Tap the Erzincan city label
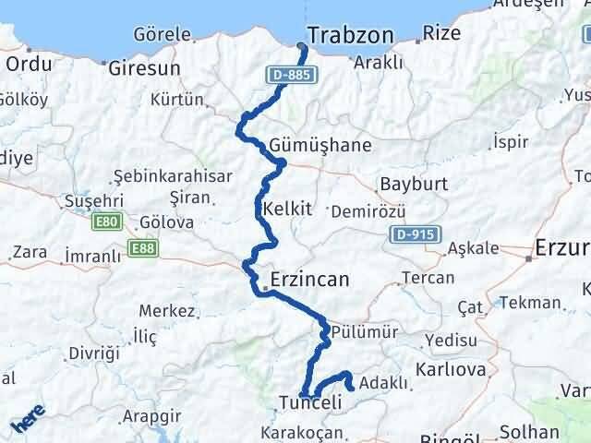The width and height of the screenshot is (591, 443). (x=309, y=279)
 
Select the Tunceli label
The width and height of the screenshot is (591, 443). (x=310, y=402)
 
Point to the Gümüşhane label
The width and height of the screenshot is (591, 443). (x=321, y=146)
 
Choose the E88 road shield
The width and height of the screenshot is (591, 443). (x=143, y=248)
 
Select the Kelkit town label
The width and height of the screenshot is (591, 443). (x=286, y=209)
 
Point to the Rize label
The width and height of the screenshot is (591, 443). (x=441, y=34)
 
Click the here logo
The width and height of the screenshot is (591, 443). (x=27, y=424)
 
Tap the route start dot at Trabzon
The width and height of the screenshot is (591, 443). (x=303, y=47)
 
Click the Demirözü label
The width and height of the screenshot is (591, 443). (x=362, y=211)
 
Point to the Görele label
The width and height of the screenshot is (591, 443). (x=162, y=34)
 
